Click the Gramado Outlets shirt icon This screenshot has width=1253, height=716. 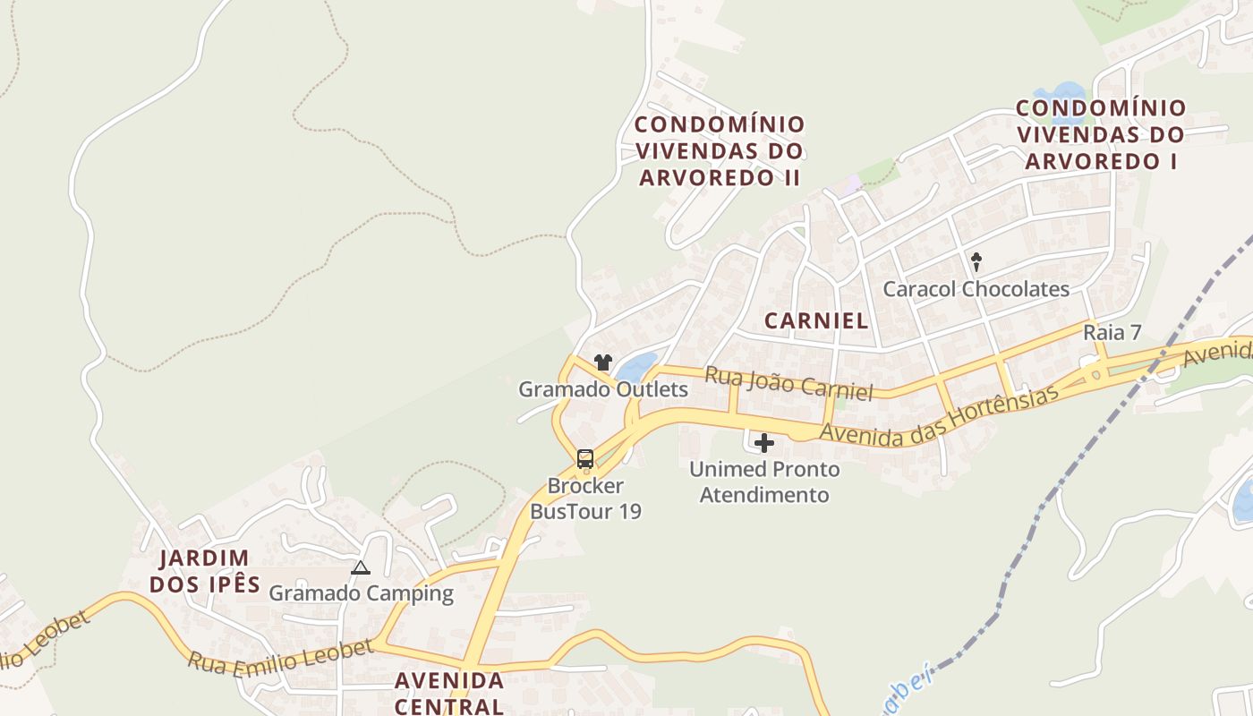[603, 362]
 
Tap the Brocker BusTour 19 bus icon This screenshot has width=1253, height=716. [585, 459]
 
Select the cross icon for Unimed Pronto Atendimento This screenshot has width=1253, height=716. [764, 443]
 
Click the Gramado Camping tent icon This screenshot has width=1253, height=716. [361, 567]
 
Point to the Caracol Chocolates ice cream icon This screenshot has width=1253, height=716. [976, 262]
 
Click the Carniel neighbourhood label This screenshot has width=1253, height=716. [816, 320]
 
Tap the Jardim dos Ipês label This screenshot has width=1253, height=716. [204, 572]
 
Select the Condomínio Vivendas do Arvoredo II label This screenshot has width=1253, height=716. [720, 150]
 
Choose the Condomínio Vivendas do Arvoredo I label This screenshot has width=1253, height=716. [1101, 134]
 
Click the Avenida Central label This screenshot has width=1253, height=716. [449, 693]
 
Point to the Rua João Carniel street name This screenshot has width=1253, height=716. [788, 383]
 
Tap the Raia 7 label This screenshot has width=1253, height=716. [1112, 332]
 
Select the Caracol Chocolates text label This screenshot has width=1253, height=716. [976, 289]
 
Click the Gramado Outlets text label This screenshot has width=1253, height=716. [603, 389]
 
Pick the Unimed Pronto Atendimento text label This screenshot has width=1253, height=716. [764, 482]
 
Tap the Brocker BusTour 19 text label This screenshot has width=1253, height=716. [585, 499]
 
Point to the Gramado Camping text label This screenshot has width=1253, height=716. [362, 593]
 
